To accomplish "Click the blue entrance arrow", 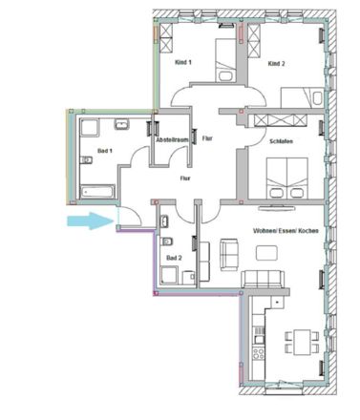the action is pyautogui.click(x=91, y=220).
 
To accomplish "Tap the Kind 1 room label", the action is pyautogui.click(x=183, y=62).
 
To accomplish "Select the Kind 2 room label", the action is pyautogui.click(x=276, y=64).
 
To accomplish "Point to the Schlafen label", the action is pyautogui.click(x=281, y=141).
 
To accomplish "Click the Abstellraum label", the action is pyautogui.click(x=172, y=140).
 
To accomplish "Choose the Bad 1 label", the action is pyautogui.click(x=105, y=151).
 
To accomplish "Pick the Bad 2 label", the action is pyautogui.click(x=174, y=258).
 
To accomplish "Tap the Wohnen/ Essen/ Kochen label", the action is pyautogui.click(x=286, y=231).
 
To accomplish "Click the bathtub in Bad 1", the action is pyautogui.click(x=97, y=192).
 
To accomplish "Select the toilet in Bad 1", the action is pyautogui.click(x=86, y=160).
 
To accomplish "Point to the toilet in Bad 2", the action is pyautogui.click(x=167, y=241).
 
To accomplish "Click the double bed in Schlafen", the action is pyautogui.click(x=287, y=178).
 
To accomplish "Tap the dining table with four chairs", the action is pyautogui.click(x=302, y=343).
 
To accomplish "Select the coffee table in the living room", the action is pyautogui.click(x=266, y=253).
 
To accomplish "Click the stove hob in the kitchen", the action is pyautogui.click(x=258, y=353).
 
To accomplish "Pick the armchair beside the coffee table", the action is pyautogui.click(x=229, y=255).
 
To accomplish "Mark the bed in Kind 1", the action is pyautogui.click(x=225, y=60).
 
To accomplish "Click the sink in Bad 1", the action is pyautogui.click(x=122, y=124).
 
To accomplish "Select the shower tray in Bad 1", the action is pyautogui.click(x=90, y=128).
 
